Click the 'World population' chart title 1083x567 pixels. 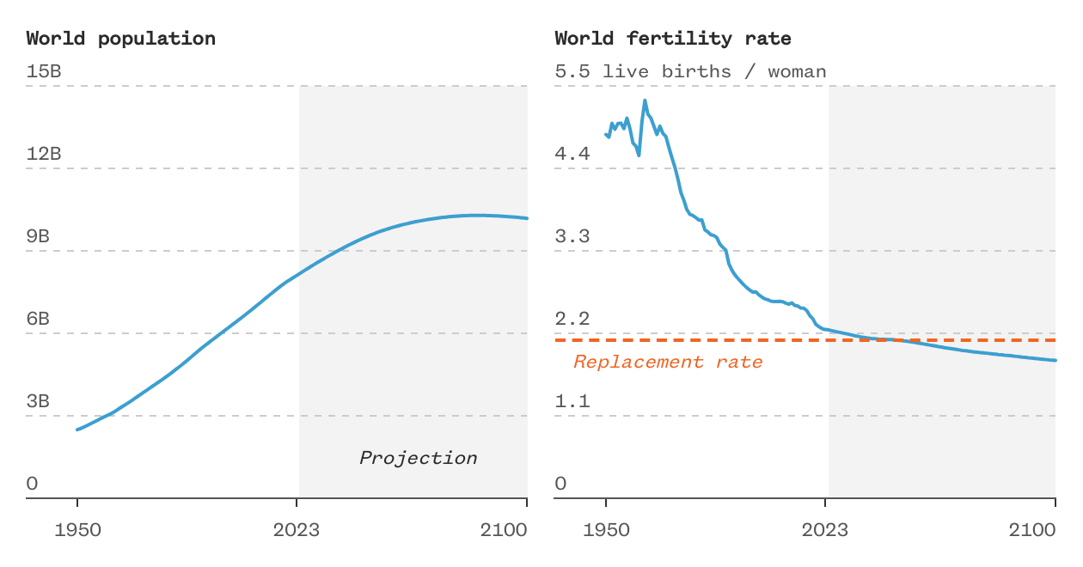pyautogui.click(x=120, y=39)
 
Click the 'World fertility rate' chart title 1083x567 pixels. pyautogui.click(x=673, y=39)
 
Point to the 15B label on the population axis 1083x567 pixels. pyautogui.click(x=44, y=71)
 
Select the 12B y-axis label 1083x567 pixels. pyautogui.click(x=44, y=154)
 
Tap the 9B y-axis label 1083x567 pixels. pyautogui.click(x=38, y=236)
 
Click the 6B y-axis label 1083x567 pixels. pyautogui.click(x=38, y=319)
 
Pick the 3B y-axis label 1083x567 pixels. pyautogui.click(x=38, y=401)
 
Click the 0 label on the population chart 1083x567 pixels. pyautogui.click(x=32, y=484)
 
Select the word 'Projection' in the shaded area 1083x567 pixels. pyautogui.click(x=418, y=458)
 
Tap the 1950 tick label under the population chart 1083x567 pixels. pyautogui.click(x=77, y=530)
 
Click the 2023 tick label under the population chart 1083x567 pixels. pyautogui.click(x=297, y=530)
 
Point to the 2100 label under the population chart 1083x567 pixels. pyautogui.click(x=504, y=530)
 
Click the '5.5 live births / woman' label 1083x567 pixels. pyautogui.click(x=690, y=71)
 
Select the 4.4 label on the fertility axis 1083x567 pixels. pyautogui.click(x=572, y=154)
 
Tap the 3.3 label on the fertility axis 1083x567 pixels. pyautogui.click(x=572, y=236)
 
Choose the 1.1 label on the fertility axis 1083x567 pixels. pyautogui.click(x=572, y=401)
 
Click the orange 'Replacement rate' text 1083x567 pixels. pyautogui.click(x=668, y=362)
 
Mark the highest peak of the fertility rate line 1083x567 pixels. pyautogui.click(x=645, y=101)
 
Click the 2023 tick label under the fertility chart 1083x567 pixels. pyautogui.click(x=825, y=530)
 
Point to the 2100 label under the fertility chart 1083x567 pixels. pyautogui.click(x=1032, y=530)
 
